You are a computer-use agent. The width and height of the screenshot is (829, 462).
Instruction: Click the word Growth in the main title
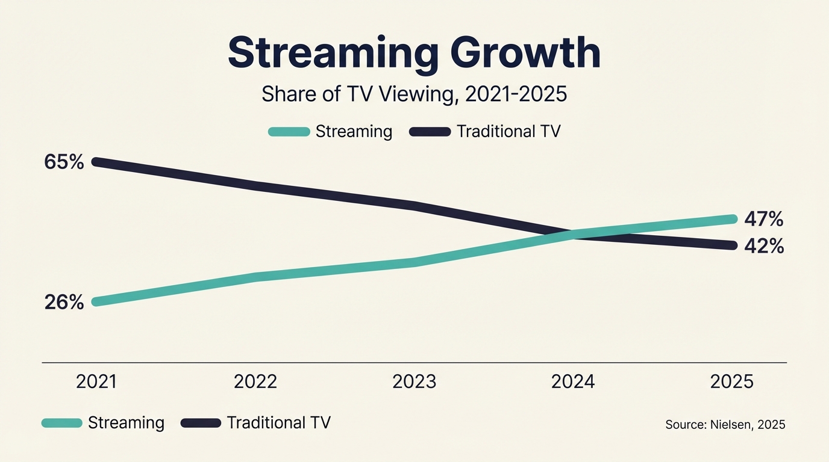(525, 53)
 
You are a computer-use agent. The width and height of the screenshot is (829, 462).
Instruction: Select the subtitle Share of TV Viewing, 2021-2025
(414, 94)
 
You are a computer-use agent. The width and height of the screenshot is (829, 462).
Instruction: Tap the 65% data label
(64, 162)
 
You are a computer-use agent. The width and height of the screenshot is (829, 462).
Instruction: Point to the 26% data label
(64, 302)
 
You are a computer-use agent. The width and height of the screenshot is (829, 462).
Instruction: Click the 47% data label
(764, 220)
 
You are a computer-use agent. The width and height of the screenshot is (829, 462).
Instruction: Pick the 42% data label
(764, 246)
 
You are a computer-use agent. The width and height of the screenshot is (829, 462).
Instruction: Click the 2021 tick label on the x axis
(97, 382)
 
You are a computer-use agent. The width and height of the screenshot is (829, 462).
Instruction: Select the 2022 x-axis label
(255, 382)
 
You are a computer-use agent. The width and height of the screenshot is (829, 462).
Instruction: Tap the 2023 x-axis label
(414, 382)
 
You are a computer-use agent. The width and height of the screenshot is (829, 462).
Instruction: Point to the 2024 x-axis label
(573, 382)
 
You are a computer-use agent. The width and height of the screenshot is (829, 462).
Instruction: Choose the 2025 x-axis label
(731, 382)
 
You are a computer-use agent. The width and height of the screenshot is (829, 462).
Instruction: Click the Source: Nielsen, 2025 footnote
(725, 425)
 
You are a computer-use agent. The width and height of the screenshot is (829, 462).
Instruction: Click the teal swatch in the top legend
(289, 132)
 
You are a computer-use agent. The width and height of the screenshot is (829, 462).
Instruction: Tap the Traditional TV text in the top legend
(508, 132)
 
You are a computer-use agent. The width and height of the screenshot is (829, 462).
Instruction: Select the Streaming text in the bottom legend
(126, 423)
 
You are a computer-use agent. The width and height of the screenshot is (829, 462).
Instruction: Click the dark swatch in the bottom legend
(201, 423)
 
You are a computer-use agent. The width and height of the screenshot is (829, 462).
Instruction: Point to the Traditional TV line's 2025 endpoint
(732, 245)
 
